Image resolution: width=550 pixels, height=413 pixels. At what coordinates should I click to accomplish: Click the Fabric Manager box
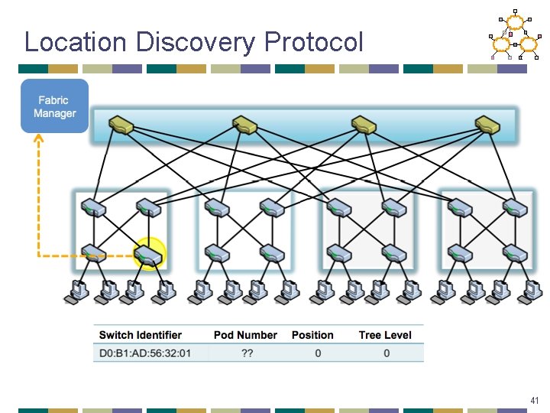point(54,106)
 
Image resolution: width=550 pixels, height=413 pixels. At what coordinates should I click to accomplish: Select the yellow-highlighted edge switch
point(148,254)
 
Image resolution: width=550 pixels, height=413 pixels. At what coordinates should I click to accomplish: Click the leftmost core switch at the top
point(121,124)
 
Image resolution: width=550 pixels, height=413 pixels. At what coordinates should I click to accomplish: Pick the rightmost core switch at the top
point(487,124)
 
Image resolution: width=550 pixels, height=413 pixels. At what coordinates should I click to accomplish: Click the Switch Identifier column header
point(141,335)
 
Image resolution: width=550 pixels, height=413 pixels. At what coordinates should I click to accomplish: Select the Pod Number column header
point(245,335)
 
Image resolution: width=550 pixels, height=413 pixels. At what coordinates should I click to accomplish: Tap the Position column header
point(312,335)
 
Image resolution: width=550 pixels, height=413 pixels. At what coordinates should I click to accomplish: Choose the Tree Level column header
point(385,335)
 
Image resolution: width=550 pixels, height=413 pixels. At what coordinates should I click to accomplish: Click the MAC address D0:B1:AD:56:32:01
point(145,353)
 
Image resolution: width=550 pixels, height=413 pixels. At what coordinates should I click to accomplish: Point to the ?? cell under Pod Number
point(247,353)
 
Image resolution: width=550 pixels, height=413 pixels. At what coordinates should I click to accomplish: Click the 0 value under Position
point(318,353)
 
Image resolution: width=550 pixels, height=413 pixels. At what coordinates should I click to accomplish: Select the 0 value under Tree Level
point(387,353)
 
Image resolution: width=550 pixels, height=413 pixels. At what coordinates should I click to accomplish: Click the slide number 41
point(534,401)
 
